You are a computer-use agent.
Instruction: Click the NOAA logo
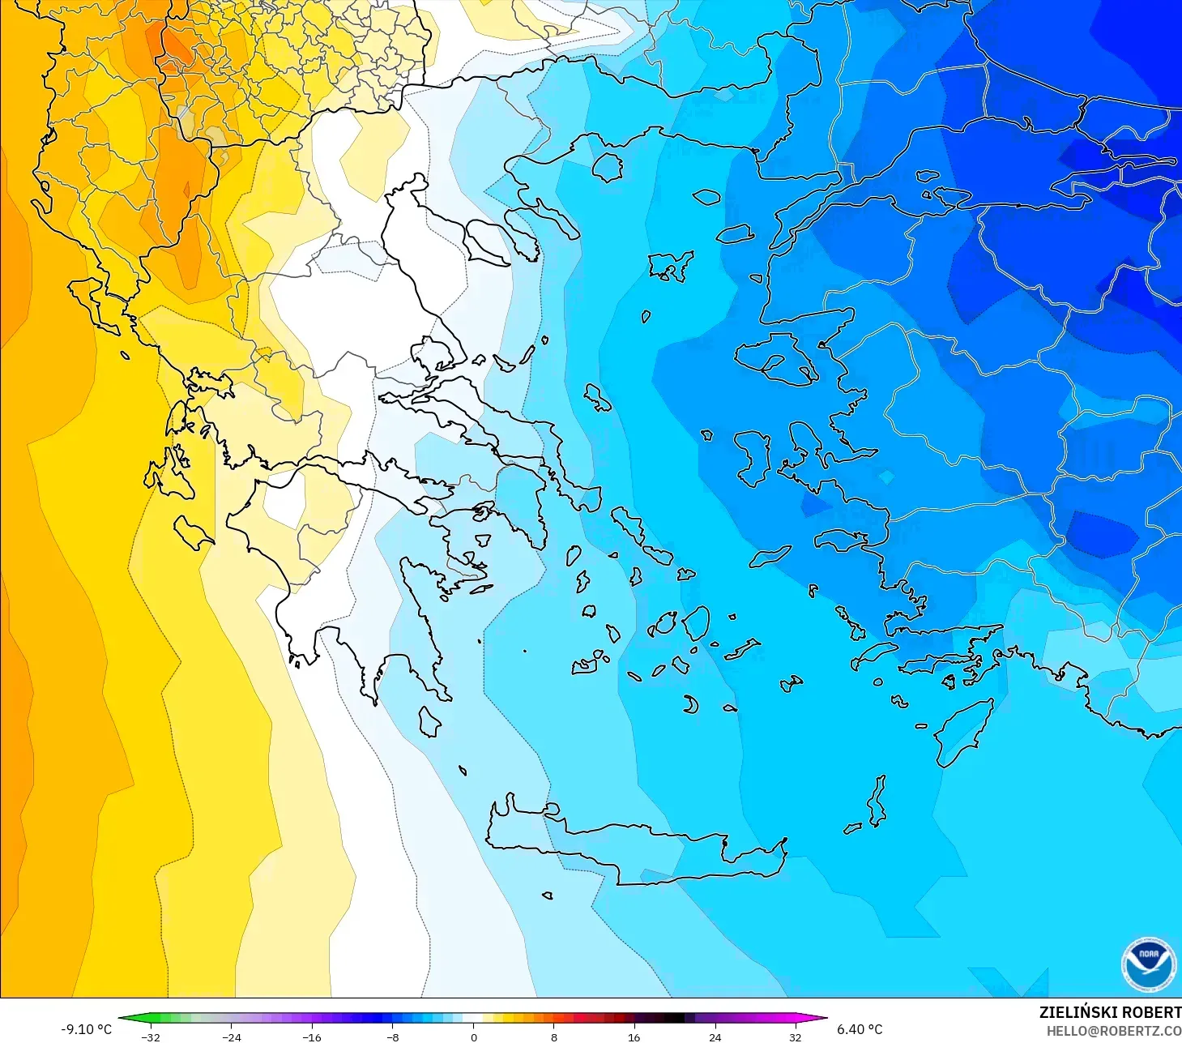[1148, 964]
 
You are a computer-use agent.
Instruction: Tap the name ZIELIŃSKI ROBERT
[1110, 1012]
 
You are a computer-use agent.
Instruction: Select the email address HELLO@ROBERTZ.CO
[1113, 1031]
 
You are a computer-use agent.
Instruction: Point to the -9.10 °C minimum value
[87, 1029]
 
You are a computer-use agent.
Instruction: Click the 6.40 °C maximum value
[860, 1029]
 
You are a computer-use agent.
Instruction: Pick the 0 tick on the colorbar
[474, 1037]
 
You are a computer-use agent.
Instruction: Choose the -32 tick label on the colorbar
[151, 1037]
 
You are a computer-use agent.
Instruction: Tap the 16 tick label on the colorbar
[634, 1037]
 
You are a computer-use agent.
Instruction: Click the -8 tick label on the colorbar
[392, 1037]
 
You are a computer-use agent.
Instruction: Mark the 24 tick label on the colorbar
[715, 1037]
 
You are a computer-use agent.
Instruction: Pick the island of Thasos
[608, 167]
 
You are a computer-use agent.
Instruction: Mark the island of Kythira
[429, 721]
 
